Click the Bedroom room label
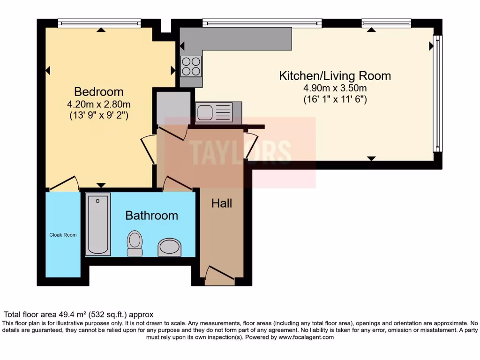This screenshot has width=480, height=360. tap(98, 91)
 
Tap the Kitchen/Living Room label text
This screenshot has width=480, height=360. tap(335, 76)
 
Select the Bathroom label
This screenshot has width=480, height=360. tap(151, 216)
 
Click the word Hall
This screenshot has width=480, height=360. tap(222, 203)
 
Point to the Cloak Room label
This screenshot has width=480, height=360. tap(63, 235)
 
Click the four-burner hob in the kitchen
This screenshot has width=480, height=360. tap(191, 66)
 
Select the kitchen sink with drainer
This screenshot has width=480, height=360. tap(213, 113)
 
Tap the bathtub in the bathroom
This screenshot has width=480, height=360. tap(98, 225)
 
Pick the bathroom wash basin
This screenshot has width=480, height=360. tap(168, 247)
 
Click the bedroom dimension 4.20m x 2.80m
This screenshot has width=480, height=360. tap(98, 104)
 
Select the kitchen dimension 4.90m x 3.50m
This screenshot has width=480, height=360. tap(335, 88)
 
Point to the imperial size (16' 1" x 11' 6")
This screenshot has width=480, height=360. tap(335, 99)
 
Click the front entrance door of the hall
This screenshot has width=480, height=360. tap(219, 276)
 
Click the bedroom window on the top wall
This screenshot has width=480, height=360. tap(99, 22)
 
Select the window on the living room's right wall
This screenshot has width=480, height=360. tap(437, 93)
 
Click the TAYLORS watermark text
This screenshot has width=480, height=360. tap(240, 151)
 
